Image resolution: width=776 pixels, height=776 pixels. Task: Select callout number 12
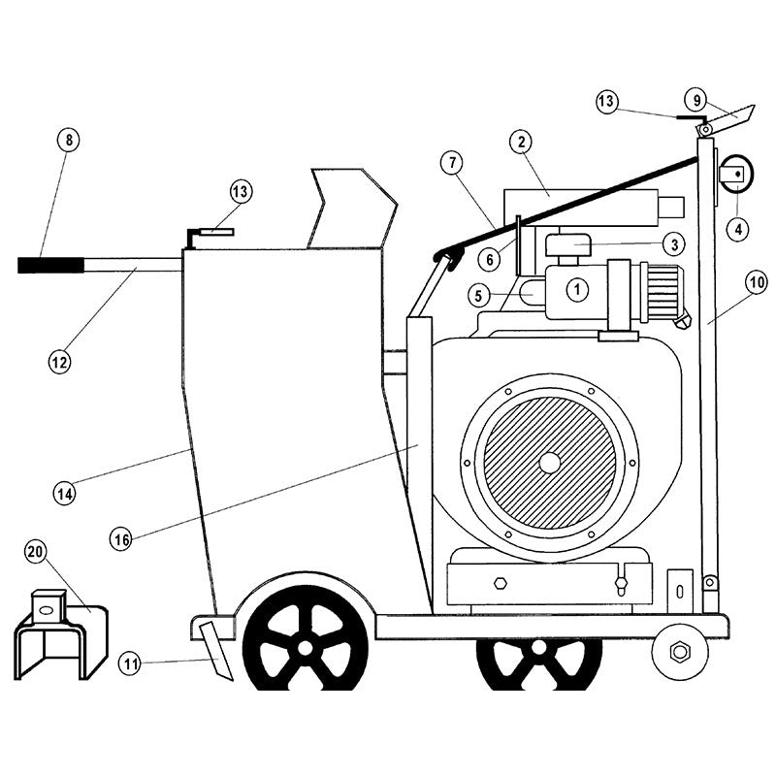pyautogui.click(x=59, y=363)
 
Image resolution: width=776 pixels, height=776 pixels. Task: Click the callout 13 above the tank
pyautogui.click(x=242, y=191)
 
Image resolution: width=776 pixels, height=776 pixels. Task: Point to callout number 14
pyautogui.click(x=65, y=493)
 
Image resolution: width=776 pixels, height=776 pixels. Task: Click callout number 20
pyautogui.click(x=36, y=553)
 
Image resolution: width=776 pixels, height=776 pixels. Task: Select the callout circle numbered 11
pyautogui.click(x=131, y=663)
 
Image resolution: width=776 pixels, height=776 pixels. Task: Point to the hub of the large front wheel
pyautogui.click(x=305, y=644)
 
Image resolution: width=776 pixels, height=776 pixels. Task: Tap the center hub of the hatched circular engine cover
pyautogui.click(x=549, y=463)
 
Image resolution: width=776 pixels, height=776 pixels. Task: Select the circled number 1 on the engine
pyautogui.click(x=576, y=287)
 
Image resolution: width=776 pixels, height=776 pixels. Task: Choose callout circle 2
pyautogui.click(x=521, y=143)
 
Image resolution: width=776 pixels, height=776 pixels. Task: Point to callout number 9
pyautogui.click(x=695, y=98)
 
